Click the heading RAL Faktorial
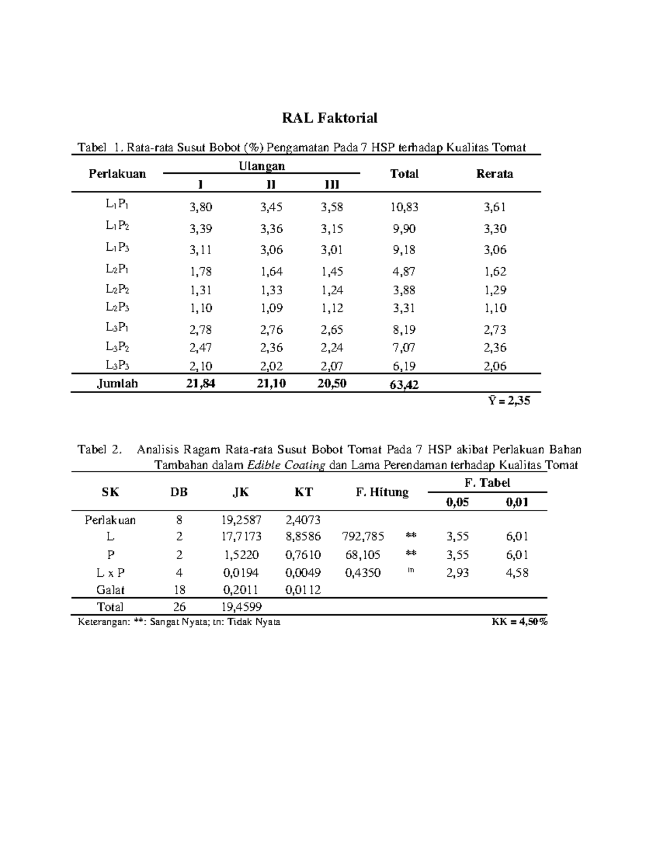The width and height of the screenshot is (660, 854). [x=329, y=118]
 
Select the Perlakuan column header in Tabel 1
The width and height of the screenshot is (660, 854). [x=117, y=174]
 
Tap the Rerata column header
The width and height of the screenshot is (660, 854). [x=494, y=174]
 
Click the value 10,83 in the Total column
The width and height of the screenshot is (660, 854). [x=405, y=207]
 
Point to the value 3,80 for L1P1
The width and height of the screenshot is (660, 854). [x=201, y=207]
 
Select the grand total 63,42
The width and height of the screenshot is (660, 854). [x=404, y=385]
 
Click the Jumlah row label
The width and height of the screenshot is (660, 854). [x=117, y=384]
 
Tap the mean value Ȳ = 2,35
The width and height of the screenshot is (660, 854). [x=509, y=401]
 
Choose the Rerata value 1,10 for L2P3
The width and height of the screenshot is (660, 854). [x=494, y=308]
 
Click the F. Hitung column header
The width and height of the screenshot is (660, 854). [x=382, y=492]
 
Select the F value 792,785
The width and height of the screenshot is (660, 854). [x=363, y=536]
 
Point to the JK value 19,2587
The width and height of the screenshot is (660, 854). [x=242, y=520]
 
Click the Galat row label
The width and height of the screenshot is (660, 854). [x=111, y=590]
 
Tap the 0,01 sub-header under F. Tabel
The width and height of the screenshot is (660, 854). [x=517, y=502]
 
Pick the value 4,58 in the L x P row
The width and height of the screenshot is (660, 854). [x=517, y=572]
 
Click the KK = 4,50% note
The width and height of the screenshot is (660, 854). [x=519, y=622]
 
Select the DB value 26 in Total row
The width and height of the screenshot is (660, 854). [x=179, y=607]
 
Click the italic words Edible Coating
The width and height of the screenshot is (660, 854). [x=286, y=465]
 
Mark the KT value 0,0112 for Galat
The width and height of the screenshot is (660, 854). [x=303, y=590]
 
